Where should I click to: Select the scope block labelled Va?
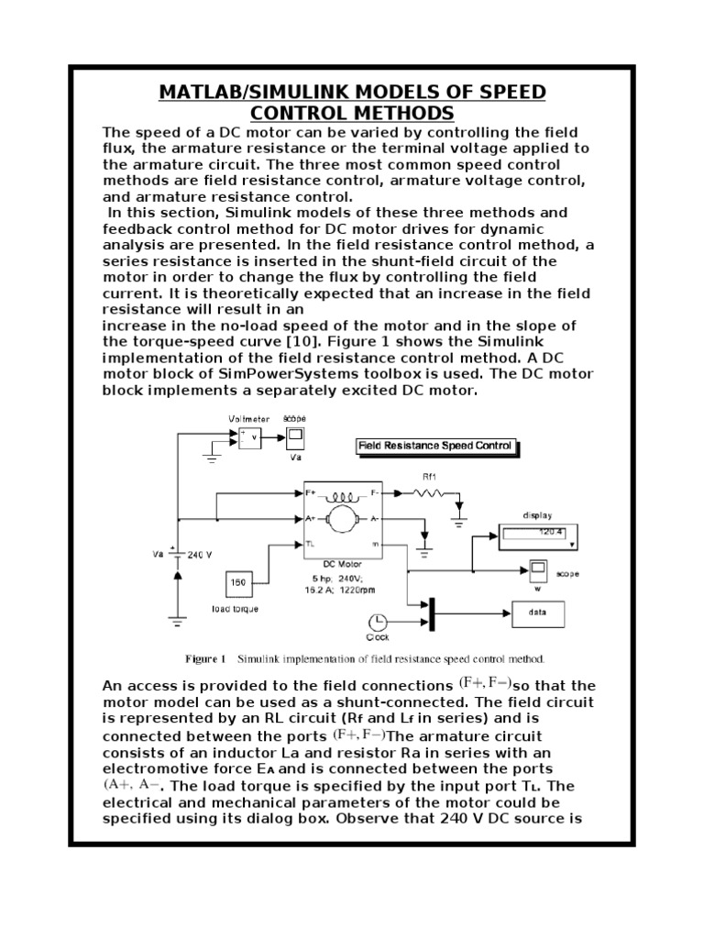pos(295,436)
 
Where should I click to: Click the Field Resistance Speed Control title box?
pos(434,447)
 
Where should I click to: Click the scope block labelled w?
pos(538,567)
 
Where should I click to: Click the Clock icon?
pos(377,621)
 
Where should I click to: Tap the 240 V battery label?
pos(201,555)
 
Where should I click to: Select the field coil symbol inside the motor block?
pos(343,493)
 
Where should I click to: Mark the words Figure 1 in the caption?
pos(205,658)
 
